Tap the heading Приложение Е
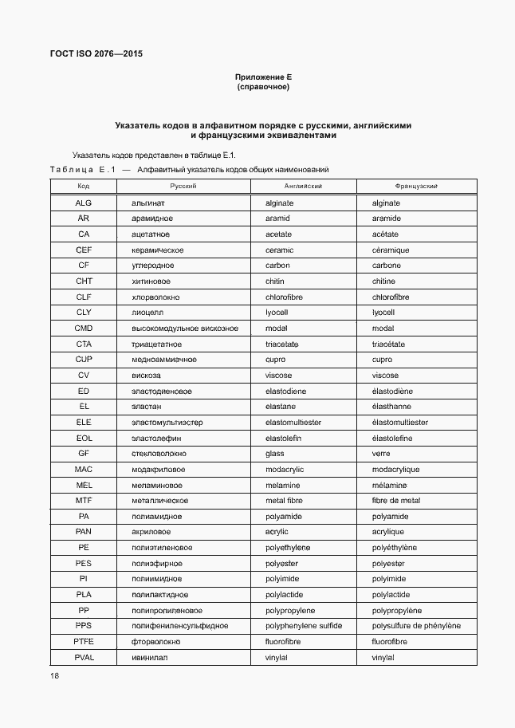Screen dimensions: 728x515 264,77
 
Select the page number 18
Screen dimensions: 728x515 54,676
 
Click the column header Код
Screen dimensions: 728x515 84,186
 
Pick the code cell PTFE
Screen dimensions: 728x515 84,642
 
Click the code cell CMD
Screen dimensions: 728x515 84,329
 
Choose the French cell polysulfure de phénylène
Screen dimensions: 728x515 416,626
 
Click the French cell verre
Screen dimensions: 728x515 381,454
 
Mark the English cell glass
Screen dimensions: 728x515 275,454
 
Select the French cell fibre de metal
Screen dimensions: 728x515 396,501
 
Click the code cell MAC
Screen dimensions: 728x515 84,470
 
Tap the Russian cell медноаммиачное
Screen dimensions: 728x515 163,360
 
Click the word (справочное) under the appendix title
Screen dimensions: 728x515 264,87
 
